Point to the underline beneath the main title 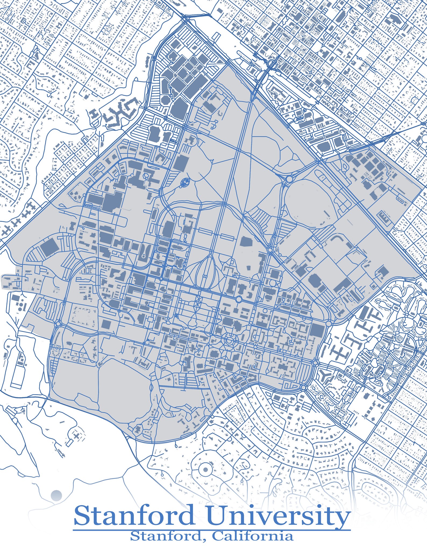point(212,530)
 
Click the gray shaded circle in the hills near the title point(56,495)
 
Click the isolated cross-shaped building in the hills point(77,436)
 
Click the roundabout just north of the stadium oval point(289,179)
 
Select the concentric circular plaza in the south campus point(229,341)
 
